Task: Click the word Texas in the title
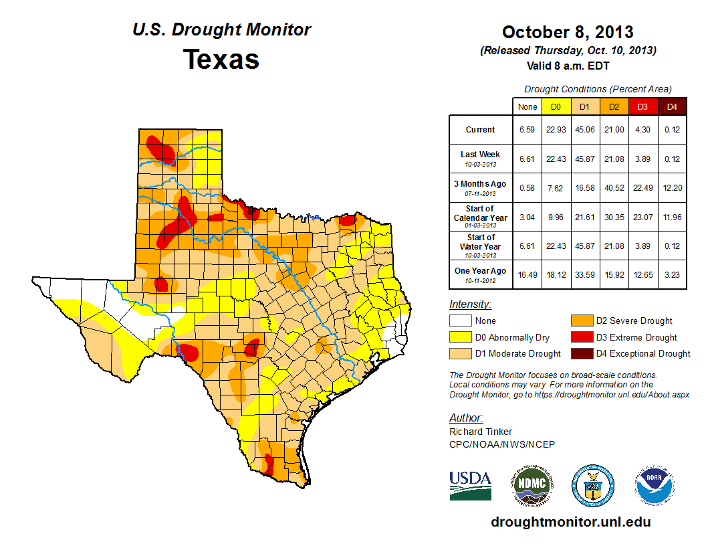coord(221,60)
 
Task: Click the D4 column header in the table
coord(672,106)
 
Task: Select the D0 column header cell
coord(556,106)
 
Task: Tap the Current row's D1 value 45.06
coord(584,130)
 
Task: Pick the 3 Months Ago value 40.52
coord(613,188)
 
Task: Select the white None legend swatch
coord(459,321)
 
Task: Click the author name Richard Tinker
coord(481,432)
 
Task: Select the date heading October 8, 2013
coord(568,32)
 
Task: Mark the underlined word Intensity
coord(470,304)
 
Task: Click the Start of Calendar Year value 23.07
coord(642,217)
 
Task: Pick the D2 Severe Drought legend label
coord(634,321)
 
